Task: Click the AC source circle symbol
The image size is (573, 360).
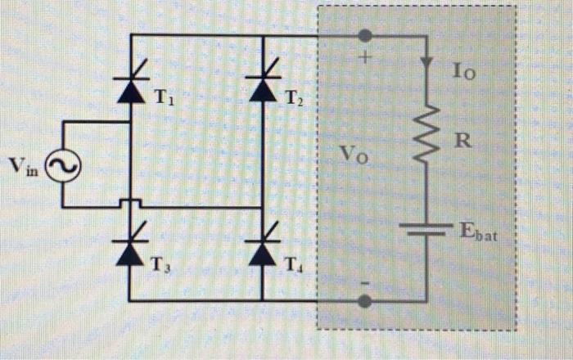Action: tap(62, 168)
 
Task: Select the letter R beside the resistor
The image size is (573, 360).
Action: tap(463, 141)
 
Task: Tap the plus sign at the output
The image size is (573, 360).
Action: tap(366, 60)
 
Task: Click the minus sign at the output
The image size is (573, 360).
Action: tap(366, 281)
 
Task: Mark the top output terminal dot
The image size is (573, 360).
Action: tap(366, 35)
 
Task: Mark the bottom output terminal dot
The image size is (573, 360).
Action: tap(366, 301)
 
